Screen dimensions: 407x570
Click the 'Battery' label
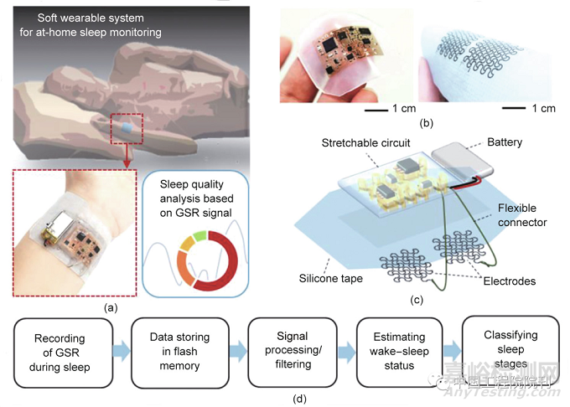[x=504, y=143]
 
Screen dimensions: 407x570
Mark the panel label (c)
[x=417, y=299]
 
